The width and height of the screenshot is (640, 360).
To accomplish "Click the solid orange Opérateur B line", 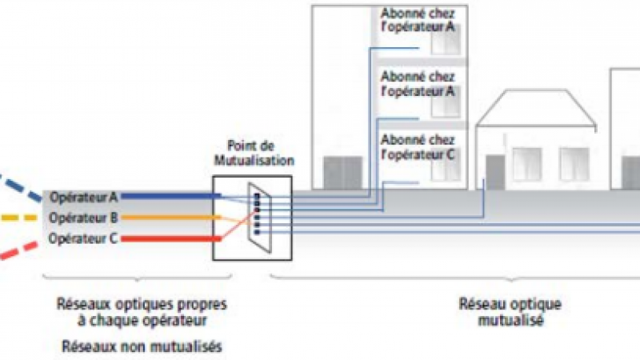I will pos(168,218).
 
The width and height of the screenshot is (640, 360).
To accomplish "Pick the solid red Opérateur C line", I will pos(168,238).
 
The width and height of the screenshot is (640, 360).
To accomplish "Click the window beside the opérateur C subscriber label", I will pos(445,163).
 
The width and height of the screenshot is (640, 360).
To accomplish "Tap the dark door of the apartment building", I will pos(337,173).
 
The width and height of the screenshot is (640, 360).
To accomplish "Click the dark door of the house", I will pos(495,172).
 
